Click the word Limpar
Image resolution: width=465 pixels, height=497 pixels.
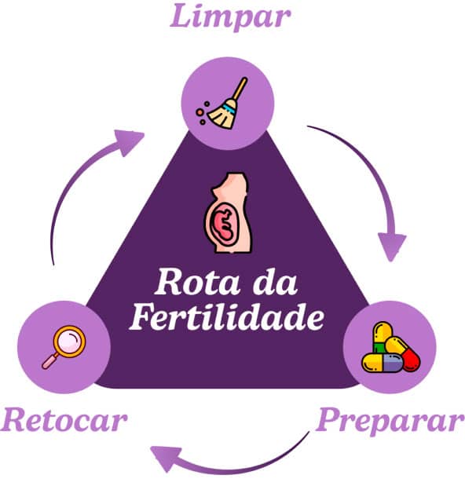pyautogui.click(x=230, y=16)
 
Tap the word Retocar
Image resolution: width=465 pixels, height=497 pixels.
pyautogui.click(x=64, y=419)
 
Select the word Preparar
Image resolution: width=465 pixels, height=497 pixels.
pyautogui.click(x=390, y=422)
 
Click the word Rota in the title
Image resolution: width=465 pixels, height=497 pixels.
pyautogui.click(x=197, y=282)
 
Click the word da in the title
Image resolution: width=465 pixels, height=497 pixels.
pyautogui.click(x=275, y=282)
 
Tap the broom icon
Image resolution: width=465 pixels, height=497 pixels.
pyautogui.click(x=222, y=103)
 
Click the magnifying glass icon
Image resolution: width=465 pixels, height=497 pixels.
pyautogui.click(x=64, y=347)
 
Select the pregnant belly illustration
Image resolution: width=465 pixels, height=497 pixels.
pyautogui.click(x=228, y=213)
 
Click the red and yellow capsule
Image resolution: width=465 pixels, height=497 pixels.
pyautogui.click(x=403, y=353)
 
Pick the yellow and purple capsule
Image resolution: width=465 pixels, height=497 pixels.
pyautogui.click(x=383, y=363)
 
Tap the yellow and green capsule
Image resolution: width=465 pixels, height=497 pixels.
pyautogui.click(x=383, y=338)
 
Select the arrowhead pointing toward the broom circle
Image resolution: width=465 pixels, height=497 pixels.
pyautogui.click(x=130, y=141)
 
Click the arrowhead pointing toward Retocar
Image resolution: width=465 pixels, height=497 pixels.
pyautogui.click(x=166, y=457)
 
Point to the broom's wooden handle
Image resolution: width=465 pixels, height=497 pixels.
pyautogui.click(x=240, y=89)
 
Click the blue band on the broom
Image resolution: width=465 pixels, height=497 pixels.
pyautogui.click(x=229, y=108)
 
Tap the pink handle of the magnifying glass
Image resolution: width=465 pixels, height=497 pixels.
pyautogui.click(x=49, y=360)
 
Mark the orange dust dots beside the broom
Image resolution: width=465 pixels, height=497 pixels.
pyautogui.click(x=202, y=112)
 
